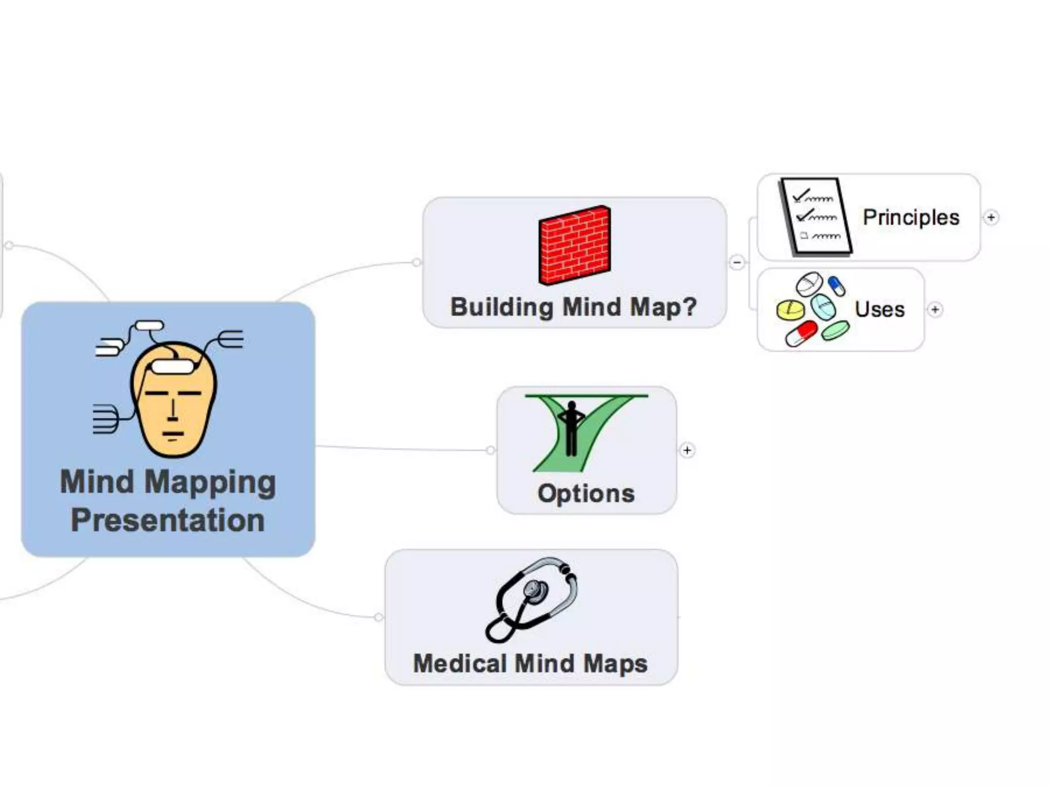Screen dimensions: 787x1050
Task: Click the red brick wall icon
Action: [574, 245]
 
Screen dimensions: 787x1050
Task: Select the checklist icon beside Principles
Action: [816, 216]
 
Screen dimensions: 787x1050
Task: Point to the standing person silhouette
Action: [571, 428]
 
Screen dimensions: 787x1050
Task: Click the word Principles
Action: [911, 217]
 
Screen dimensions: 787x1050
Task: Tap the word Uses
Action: [879, 309]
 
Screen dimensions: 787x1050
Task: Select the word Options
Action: [586, 493]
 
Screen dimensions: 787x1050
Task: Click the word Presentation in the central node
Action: [168, 520]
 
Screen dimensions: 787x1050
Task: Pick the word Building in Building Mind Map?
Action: [502, 307]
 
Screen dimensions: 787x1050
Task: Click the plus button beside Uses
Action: [935, 309]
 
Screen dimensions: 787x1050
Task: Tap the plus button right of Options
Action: [687, 450]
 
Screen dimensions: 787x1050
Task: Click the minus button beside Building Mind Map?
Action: [737, 262]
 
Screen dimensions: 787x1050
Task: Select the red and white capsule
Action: [800, 333]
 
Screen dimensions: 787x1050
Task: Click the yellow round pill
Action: [790, 310]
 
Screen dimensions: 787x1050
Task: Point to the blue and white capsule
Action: [837, 286]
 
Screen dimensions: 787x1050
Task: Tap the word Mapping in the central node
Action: [210, 483]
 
